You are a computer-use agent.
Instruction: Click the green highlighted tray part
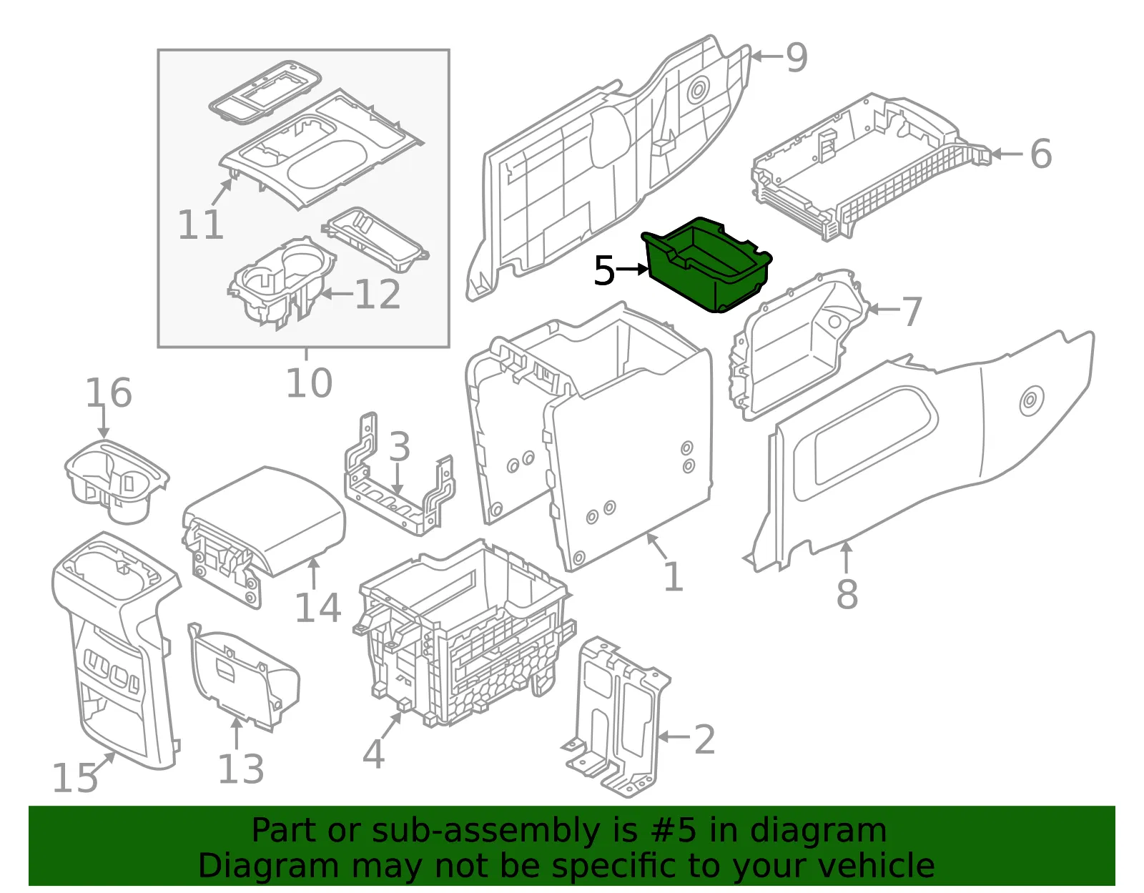click(x=706, y=266)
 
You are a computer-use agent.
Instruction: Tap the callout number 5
click(x=604, y=270)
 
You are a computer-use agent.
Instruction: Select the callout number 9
click(x=797, y=57)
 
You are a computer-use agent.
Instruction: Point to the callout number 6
click(x=1041, y=154)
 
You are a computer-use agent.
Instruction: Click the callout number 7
click(x=912, y=311)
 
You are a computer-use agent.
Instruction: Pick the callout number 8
click(x=847, y=593)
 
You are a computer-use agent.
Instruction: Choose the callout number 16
click(x=109, y=393)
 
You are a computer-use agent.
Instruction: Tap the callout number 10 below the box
click(x=309, y=383)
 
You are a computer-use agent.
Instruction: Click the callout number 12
click(x=378, y=294)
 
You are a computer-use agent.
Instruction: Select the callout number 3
click(x=400, y=447)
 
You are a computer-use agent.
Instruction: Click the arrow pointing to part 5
click(x=632, y=270)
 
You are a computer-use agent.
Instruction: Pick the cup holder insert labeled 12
click(x=282, y=283)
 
